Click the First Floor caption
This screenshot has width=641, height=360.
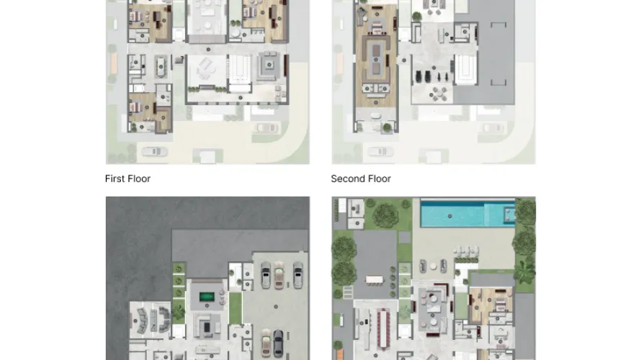click(127, 179)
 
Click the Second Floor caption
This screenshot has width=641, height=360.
click(361, 179)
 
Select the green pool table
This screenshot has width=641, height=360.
click(207, 297)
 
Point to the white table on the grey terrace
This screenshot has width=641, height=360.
click(375, 280)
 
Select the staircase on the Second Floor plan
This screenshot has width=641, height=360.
click(465, 70)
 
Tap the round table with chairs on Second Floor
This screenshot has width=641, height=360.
click(438, 94)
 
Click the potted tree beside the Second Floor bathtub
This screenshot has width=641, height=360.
click(387, 128)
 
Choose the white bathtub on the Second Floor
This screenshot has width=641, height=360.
click(375, 117)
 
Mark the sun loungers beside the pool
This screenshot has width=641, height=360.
click(465, 251)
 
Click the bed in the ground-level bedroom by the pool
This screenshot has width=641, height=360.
click(500, 304)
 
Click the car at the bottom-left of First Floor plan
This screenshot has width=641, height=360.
click(154, 152)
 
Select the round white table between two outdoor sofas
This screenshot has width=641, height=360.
click(433, 266)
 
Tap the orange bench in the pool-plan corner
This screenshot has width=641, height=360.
click(339, 355)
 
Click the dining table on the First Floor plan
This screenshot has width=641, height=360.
click(161, 67)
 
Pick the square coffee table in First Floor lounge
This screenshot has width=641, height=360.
click(269, 65)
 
